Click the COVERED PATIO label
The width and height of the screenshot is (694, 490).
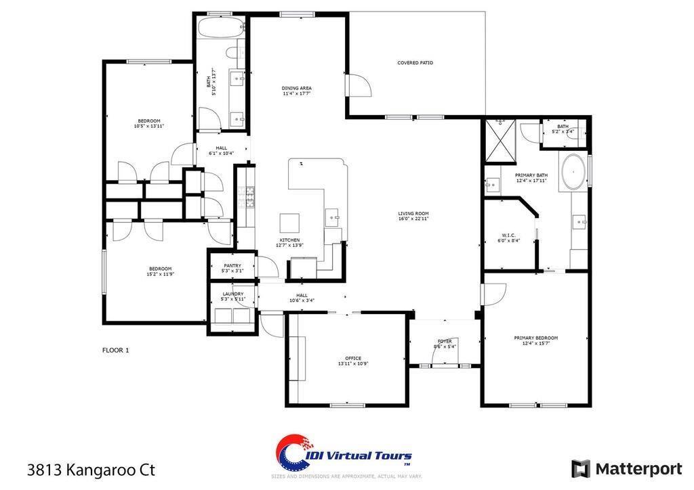pyautogui.click(x=415, y=63)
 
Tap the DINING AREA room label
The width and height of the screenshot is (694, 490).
pyautogui.click(x=297, y=88)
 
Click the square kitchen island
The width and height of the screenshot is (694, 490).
pyautogui.click(x=290, y=223)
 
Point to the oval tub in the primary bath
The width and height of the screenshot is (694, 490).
pyautogui.click(x=573, y=173)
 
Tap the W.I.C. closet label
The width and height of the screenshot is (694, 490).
pyautogui.click(x=509, y=236)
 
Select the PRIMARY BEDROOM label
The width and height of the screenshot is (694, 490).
pyautogui.click(x=535, y=338)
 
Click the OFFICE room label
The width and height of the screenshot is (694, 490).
pyautogui.click(x=352, y=358)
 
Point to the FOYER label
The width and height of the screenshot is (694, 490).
pyautogui.click(x=445, y=342)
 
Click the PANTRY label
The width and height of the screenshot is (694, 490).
pyautogui.click(x=232, y=266)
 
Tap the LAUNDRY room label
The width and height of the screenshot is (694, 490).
pyautogui.click(x=232, y=294)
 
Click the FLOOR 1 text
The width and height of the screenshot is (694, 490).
pyautogui.click(x=115, y=351)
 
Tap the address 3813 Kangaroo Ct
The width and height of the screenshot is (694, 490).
pyautogui.click(x=91, y=469)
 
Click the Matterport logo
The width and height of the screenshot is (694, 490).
pyautogui.click(x=626, y=468)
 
